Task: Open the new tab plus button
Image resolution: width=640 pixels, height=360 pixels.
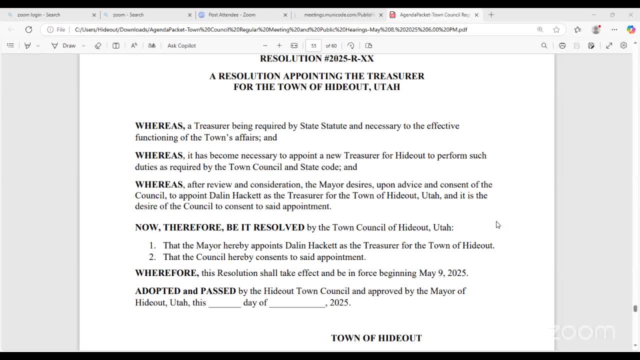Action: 491,15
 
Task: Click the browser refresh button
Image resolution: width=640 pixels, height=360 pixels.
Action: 28,29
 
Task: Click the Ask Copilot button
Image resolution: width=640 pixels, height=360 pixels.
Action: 181,45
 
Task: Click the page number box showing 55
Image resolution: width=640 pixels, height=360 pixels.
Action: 313,45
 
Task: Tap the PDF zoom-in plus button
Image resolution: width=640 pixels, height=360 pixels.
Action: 279,45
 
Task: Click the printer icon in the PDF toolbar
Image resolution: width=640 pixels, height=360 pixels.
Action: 562,45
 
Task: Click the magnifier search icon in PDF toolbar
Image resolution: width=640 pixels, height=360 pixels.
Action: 544,45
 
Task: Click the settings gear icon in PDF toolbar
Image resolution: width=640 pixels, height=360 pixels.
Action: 623,45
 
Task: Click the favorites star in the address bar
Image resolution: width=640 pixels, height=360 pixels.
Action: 556,29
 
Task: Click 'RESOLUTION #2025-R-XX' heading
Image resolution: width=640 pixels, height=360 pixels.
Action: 316,58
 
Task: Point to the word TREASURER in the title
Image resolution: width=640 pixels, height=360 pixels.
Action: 395,76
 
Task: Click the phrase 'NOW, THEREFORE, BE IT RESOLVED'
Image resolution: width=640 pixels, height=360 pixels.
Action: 219,227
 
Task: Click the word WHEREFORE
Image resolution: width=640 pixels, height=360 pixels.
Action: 166,273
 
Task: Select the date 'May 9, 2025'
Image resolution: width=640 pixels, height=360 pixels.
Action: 442,273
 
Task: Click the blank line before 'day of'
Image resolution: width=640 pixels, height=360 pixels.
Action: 224,302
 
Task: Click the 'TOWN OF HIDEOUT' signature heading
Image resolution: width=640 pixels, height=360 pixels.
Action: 376,338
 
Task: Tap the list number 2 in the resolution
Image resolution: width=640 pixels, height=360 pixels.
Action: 152,257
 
